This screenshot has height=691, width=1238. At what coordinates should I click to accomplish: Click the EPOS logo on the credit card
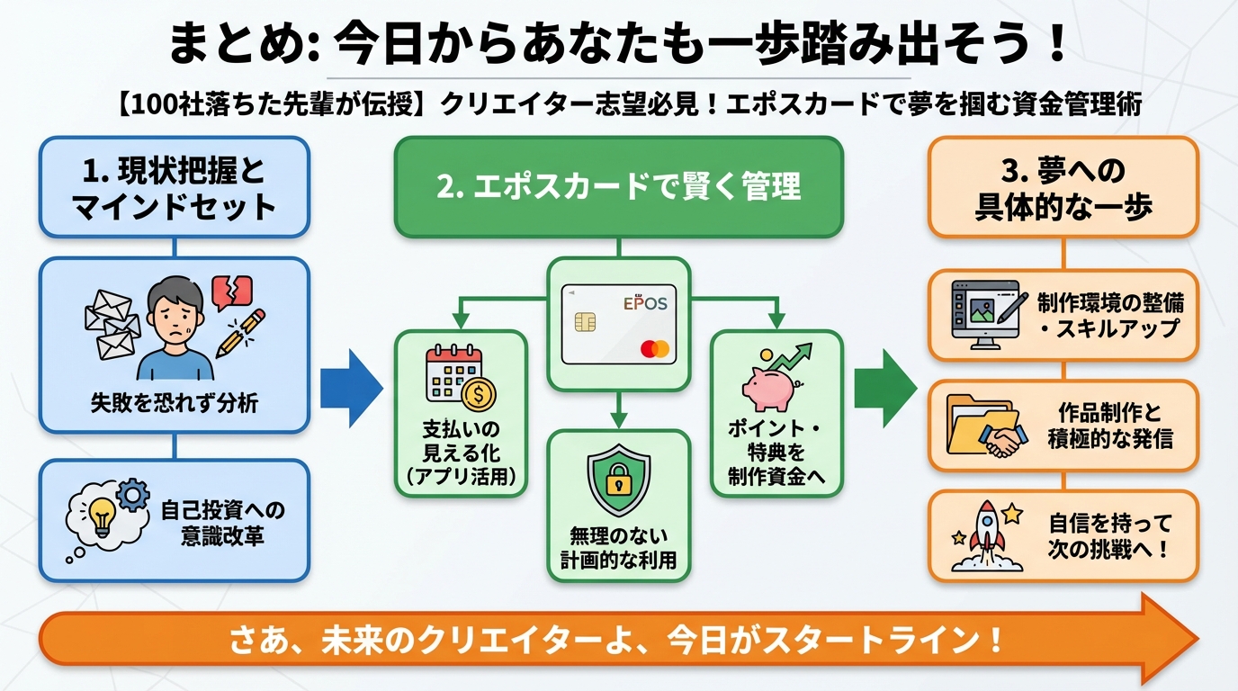[646, 304]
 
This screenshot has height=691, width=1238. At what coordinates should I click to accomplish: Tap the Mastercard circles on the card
[657, 347]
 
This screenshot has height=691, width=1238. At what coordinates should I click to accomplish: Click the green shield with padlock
[618, 477]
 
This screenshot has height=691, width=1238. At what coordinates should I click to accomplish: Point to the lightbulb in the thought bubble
[101, 516]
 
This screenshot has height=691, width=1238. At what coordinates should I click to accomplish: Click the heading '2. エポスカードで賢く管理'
[618, 187]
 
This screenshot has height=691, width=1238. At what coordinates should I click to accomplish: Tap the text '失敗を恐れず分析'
[174, 402]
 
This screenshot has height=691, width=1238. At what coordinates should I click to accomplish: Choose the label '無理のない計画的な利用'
[618, 548]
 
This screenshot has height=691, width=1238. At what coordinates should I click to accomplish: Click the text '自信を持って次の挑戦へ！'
[1109, 535]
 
